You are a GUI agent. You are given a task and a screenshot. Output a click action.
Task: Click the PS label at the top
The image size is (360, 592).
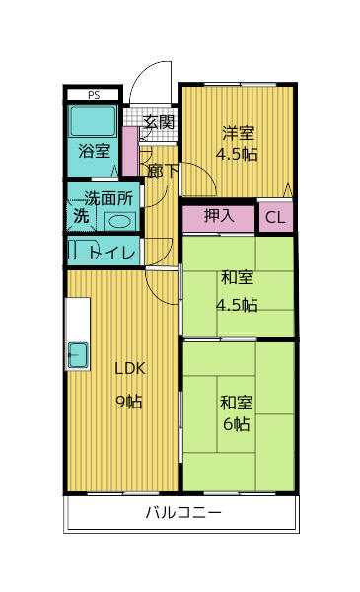tap(94, 95)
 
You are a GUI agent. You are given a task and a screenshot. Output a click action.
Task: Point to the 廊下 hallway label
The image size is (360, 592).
tap(162, 170)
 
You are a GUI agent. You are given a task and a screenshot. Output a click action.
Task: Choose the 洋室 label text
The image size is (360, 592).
tap(238, 132)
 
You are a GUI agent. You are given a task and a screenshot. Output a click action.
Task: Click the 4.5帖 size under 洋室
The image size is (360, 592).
tap(238, 154)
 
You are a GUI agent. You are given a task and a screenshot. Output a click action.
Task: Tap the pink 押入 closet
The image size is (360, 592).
tap(219, 216)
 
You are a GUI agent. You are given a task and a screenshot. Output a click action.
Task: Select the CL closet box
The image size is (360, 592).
tap(275, 218)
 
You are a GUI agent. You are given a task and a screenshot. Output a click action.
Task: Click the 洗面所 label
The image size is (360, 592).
tap(107, 196)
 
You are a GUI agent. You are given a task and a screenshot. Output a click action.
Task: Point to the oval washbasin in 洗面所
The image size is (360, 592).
tap(119, 220)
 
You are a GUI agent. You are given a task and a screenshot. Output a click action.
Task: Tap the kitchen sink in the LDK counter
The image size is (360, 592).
tap(78, 354)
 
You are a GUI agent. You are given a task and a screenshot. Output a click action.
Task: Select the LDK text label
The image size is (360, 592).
tap(129, 369)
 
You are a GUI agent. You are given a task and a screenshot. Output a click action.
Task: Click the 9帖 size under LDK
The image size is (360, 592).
tap(129, 401)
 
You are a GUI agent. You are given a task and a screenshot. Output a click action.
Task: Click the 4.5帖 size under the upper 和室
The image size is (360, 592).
tap(237, 304)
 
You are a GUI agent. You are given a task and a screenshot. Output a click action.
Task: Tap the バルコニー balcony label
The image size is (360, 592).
tap(182, 512)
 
